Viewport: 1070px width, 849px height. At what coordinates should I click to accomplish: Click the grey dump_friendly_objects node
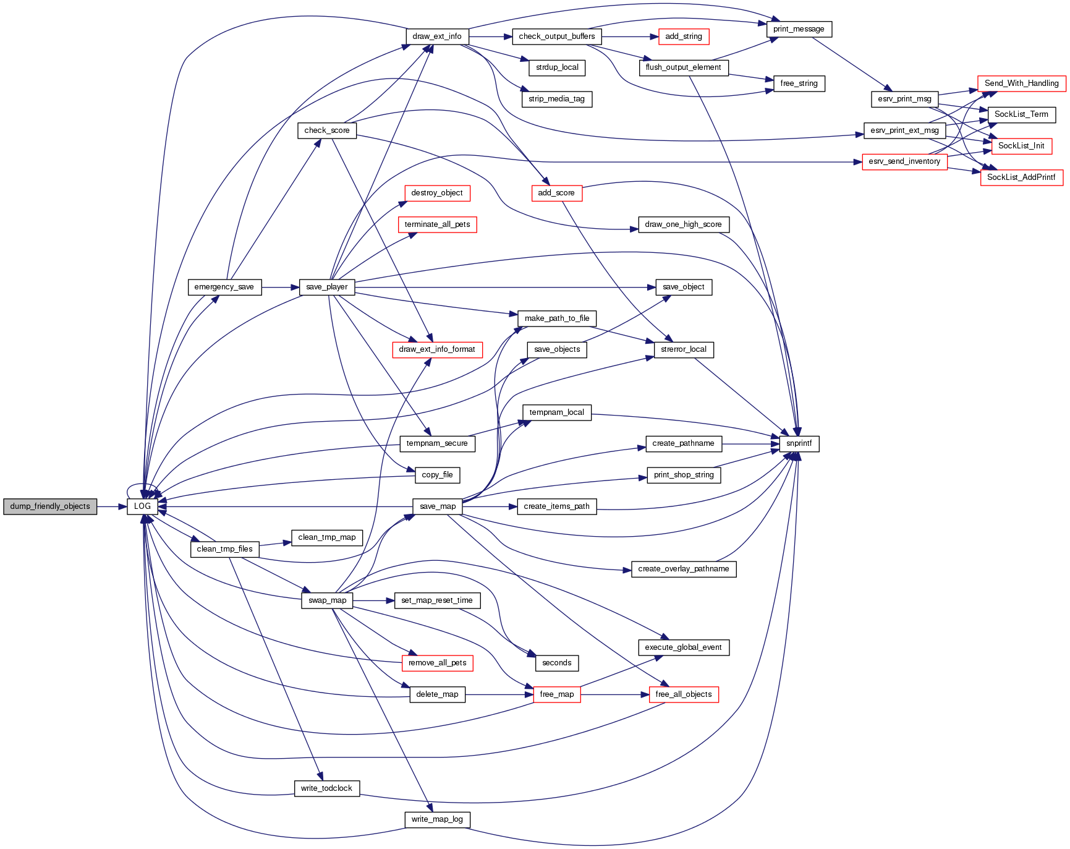pyautogui.click(x=50, y=506)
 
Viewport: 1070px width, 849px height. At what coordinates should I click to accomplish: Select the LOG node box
pyautogui.click(x=142, y=506)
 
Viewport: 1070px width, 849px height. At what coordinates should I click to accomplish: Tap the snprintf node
pyautogui.click(x=799, y=443)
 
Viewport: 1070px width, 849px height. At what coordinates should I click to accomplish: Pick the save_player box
pyautogui.click(x=326, y=287)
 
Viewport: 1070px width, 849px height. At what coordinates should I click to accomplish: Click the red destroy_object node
pyautogui.click(x=437, y=193)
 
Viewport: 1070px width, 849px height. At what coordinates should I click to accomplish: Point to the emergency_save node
pyautogui.click(x=224, y=287)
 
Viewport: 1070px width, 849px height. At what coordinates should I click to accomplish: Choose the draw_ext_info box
pyautogui.click(x=436, y=36)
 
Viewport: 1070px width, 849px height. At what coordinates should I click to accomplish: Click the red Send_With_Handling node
pyautogui.click(x=1021, y=83)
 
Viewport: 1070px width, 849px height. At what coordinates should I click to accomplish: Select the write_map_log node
pyautogui.click(x=437, y=819)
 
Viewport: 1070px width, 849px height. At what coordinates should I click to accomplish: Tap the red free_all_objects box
pyautogui.click(x=683, y=694)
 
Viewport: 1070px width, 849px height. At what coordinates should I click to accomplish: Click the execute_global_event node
pyautogui.click(x=683, y=647)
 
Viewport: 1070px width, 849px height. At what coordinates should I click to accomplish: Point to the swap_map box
pyautogui.click(x=327, y=600)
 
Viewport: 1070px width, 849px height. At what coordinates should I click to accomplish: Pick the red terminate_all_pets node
pyautogui.click(x=437, y=224)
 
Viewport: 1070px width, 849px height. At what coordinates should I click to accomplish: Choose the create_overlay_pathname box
pyautogui.click(x=683, y=569)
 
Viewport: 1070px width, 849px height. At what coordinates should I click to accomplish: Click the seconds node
pyautogui.click(x=556, y=663)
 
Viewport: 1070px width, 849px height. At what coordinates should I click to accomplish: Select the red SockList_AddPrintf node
pyautogui.click(x=1021, y=177)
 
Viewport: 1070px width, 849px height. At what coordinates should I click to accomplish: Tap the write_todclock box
pyautogui.click(x=326, y=788)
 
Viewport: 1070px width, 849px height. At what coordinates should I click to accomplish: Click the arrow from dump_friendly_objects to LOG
pyautogui.click(x=112, y=506)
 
